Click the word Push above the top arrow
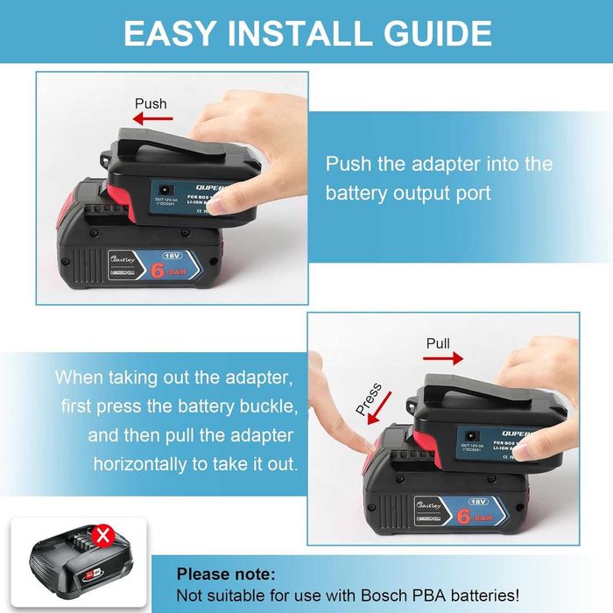(150, 103)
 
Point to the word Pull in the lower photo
(438, 342)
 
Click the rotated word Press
(369, 398)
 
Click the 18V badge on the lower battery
(476, 502)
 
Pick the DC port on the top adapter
(165, 187)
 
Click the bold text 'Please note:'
(226, 574)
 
